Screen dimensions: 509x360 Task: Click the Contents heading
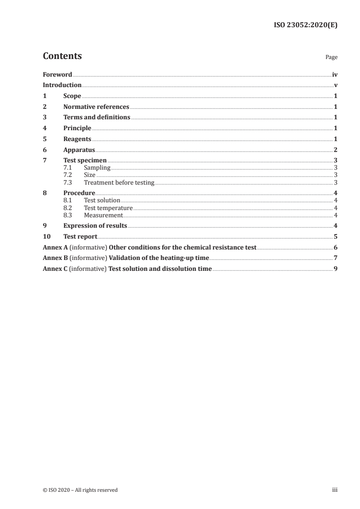pos(62,56)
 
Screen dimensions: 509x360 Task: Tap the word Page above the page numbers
pos(331,58)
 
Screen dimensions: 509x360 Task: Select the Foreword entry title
pos(57,74)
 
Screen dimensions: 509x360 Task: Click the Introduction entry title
pos(62,85)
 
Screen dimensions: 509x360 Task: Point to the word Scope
pos(72,96)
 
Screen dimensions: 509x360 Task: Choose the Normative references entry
pos(96,107)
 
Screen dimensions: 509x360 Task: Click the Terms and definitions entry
pos(97,117)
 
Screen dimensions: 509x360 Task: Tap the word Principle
pos(77,128)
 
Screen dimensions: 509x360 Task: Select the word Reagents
pos(77,139)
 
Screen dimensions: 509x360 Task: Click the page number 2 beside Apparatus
pos(335,150)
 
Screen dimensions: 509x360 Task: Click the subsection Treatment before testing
pos(119,183)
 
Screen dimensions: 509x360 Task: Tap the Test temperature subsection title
pos(108,208)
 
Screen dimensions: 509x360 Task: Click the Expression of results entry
pos(95,225)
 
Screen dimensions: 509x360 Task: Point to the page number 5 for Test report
pos(335,236)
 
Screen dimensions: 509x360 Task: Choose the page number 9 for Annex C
pos(335,269)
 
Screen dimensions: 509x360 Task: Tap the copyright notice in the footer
pos(80,490)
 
